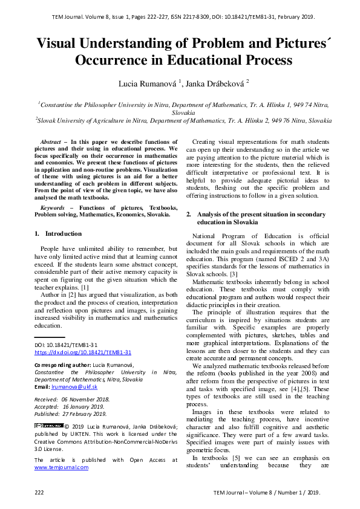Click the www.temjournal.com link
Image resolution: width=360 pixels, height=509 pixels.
61,467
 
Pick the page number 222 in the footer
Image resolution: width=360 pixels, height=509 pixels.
40,493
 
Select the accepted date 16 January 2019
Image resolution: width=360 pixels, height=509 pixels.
85,407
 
